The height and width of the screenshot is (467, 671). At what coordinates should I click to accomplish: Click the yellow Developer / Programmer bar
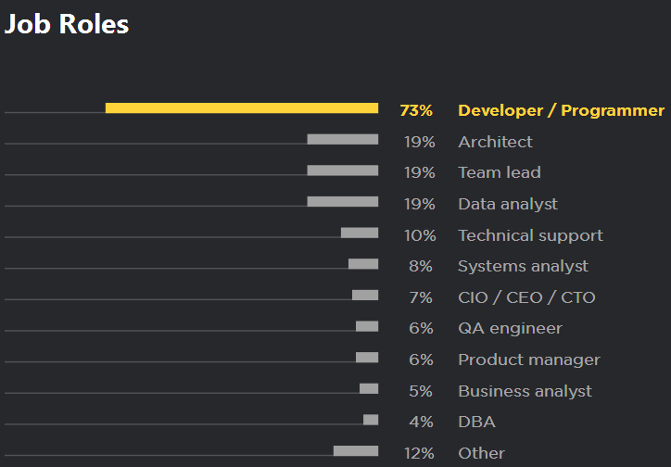(242, 108)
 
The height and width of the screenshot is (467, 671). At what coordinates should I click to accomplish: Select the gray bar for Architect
(343, 140)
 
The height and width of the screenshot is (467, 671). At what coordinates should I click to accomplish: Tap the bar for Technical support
(360, 233)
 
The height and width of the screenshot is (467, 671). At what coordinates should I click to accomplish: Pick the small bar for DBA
(371, 420)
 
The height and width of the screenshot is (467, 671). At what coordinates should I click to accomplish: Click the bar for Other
(356, 451)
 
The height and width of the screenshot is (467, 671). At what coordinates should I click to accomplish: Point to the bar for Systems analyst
(363, 264)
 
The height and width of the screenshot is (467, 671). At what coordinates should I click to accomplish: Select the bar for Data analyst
(343, 202)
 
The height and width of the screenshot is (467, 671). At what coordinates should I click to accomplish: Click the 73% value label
(416, 111)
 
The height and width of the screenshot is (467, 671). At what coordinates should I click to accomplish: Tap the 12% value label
(419, 453)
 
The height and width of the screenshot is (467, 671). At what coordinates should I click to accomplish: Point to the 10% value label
(419, 235)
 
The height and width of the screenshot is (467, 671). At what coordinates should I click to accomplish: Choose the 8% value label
(421, 267)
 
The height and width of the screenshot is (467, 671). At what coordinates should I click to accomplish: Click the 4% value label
(421, 423)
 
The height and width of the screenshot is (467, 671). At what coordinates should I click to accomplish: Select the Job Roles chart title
(67, 25)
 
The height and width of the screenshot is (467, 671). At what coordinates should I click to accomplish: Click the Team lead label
(500, 173)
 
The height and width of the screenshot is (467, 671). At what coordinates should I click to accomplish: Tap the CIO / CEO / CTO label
(526, 297)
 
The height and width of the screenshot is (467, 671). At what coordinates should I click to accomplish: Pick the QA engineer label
(510, 329)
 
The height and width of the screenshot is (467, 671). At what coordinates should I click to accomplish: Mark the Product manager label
(529, 360)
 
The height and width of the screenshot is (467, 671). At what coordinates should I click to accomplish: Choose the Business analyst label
(525, 391)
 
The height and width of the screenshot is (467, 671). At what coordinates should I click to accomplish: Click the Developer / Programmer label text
(561, 111)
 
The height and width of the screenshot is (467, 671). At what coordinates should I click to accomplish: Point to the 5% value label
(421, 391)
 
